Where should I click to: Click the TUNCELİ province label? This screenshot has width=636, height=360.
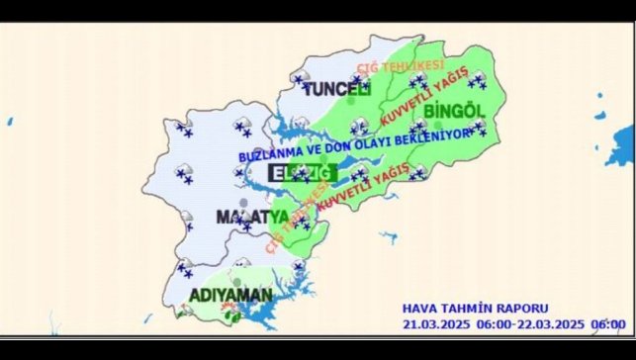point(335,90)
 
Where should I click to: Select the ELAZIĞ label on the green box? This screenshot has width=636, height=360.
point(305,172)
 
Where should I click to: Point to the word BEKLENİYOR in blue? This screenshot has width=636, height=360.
point(428,140)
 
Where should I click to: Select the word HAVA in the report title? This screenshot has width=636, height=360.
point(420,309)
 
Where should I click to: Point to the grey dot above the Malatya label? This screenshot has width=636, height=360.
point(243,203)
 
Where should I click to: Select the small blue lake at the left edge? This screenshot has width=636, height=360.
point(10,122)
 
